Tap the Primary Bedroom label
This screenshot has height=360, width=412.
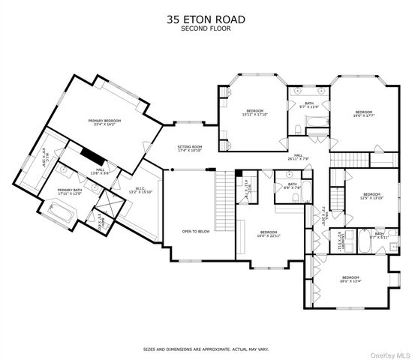click(x=104, y=122)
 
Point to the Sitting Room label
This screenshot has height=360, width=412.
click(x=190, y=148)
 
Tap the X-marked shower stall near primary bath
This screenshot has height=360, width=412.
click(x=110, y=204)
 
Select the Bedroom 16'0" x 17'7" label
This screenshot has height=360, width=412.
click(x=363, y=113)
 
